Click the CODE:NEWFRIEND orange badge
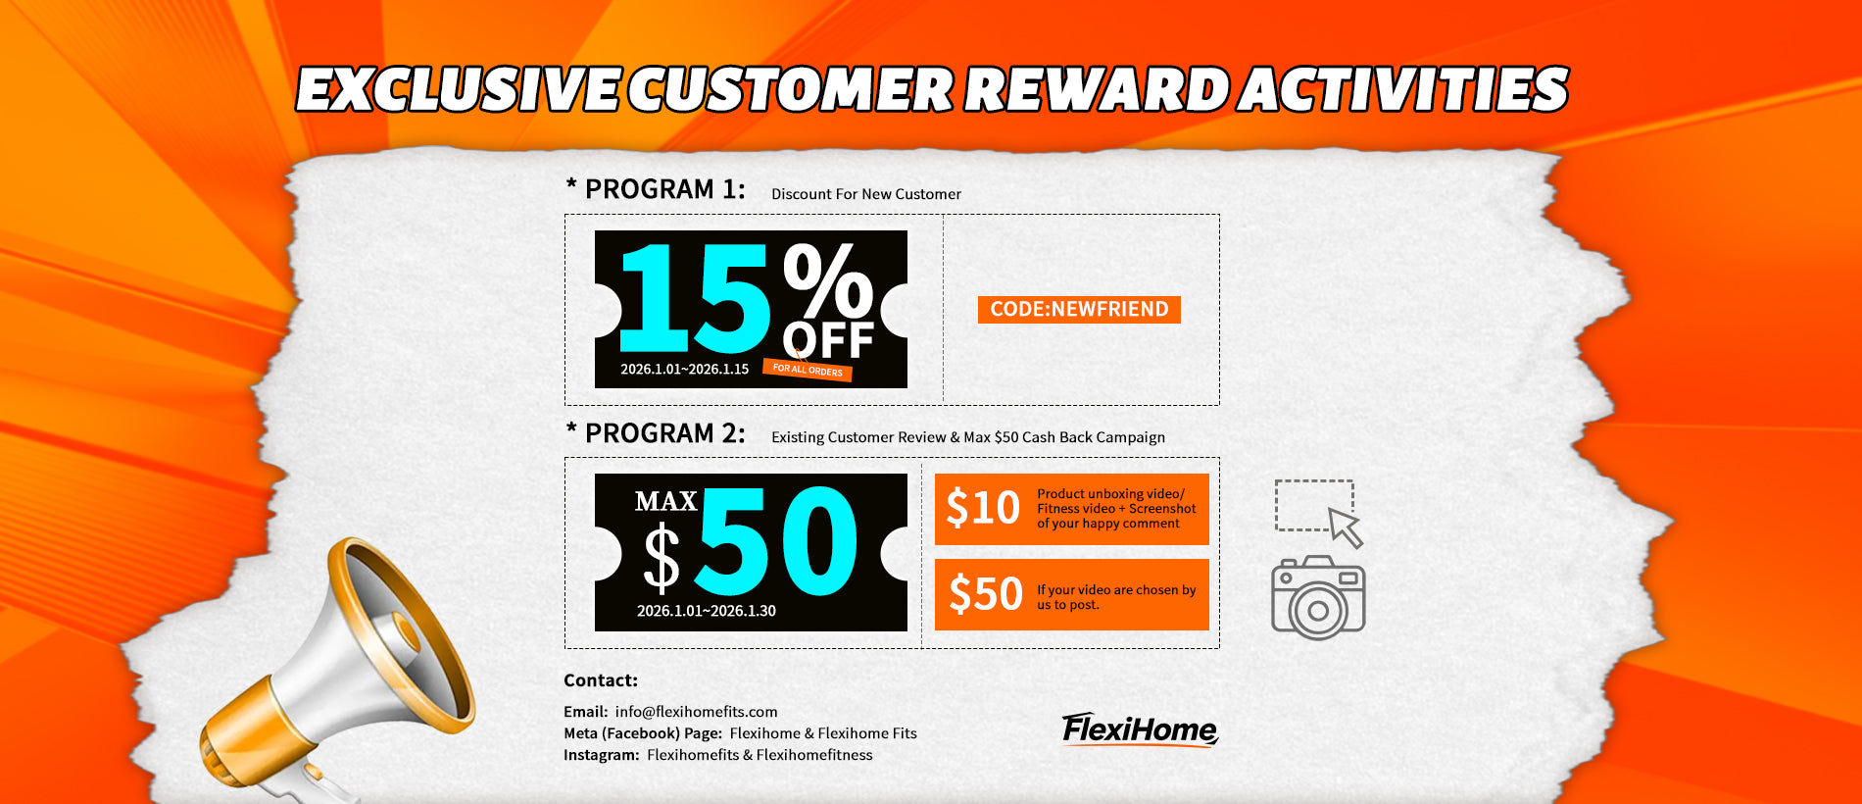[1079, 310]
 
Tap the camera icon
[1318, 598]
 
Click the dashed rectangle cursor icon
[1319, 513]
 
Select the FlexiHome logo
[1140, 730]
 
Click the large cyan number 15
[694, 298]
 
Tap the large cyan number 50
[779, 542]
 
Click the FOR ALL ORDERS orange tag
[808, 370]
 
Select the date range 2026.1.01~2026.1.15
[684, 369]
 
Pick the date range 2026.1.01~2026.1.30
[706, 611]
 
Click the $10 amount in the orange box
[983, 508]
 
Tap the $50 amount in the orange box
[986, 593]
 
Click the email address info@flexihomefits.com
[696, 712]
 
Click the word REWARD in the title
[1096, 89]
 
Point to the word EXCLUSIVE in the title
[458, 89]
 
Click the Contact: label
[601, 680]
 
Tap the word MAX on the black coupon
[665, 502]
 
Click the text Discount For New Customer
[866, 194]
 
